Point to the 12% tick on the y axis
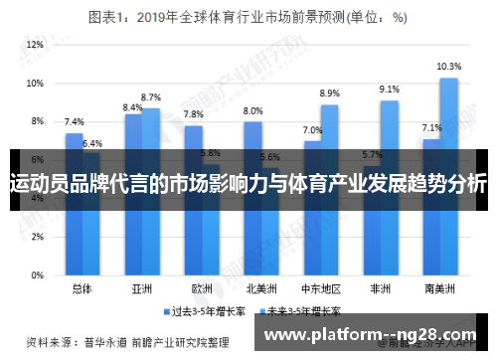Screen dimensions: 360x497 click(35, 46)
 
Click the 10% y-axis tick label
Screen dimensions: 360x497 click(35, 84)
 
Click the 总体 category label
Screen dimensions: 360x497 click(82, 288)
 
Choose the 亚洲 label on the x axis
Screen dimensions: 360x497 click(141, 288)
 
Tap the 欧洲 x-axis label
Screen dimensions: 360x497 click(202, 288)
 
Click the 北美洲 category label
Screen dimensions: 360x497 click(260, 288)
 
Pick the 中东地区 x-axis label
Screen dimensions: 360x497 click(320, 288)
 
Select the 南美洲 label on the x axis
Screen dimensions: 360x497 click(439, 288)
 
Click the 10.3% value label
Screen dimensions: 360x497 click(449, 67)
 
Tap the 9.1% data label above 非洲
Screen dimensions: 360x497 click(390, 90)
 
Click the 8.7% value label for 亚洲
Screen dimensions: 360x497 click(151, 97)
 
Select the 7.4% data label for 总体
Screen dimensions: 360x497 click(74, 121)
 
